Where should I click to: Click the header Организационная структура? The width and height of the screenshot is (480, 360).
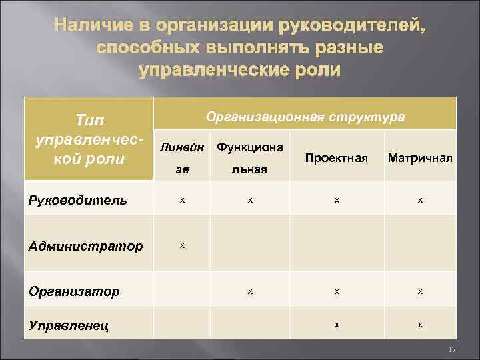(305, 116)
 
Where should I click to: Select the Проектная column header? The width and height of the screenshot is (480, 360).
(337, 158)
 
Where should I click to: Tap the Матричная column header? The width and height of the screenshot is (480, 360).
(420, 158)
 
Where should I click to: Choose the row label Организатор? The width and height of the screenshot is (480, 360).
(74, 291)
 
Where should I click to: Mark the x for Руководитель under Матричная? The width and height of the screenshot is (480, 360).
(420, 199)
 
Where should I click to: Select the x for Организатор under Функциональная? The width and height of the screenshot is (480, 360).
(249, 291)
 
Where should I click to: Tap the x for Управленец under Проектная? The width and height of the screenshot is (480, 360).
(337, 325)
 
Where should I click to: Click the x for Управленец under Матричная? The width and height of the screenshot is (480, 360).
(420, 325)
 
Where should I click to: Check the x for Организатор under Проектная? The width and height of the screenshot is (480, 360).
(337, 291)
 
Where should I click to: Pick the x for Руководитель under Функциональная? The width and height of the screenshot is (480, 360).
(249, 199)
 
